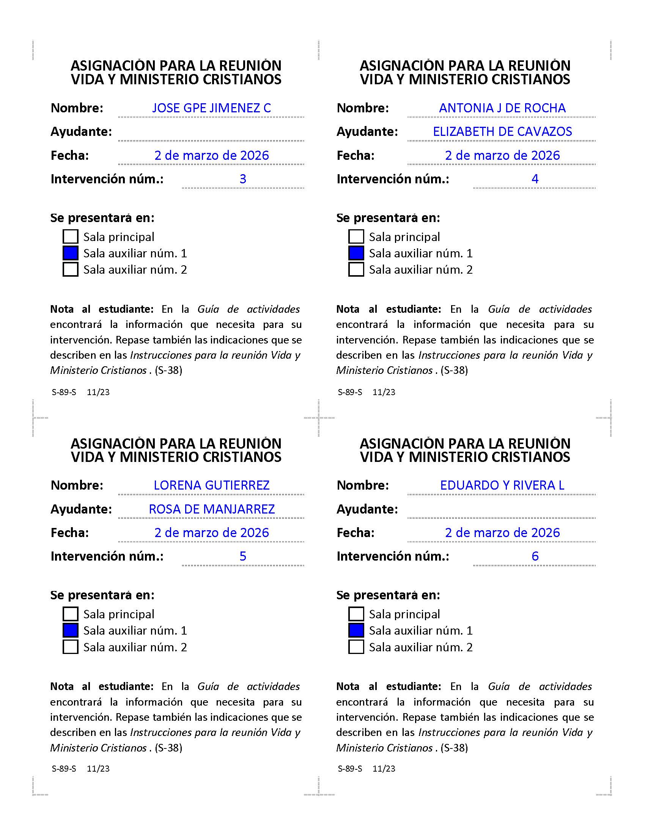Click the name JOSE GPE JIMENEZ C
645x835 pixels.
point(211,108)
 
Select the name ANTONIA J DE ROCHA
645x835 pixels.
point(502,108)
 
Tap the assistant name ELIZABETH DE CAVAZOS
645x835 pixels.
point(502,132)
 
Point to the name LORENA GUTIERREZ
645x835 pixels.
point(211,485)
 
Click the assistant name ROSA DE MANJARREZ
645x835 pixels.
point(212,509)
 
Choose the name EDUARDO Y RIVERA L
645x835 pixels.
point(502,485)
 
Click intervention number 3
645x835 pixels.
point(243,179)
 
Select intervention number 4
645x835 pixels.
point(535,179)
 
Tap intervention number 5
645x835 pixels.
point(243,556)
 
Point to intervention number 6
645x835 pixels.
point(535,556)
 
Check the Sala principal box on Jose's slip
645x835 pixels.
point(70,237)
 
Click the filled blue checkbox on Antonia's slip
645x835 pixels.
point(356,253)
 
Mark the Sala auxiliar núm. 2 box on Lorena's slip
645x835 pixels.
point(70,647)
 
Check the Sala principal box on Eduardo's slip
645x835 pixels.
point(356,614)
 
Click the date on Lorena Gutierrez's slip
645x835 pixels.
point(211,533)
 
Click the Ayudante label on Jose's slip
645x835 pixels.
point(81,132)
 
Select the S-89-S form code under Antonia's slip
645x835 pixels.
point(350,392)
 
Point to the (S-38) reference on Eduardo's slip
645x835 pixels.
point(454,748)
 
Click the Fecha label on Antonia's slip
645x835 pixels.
point(356,156)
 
